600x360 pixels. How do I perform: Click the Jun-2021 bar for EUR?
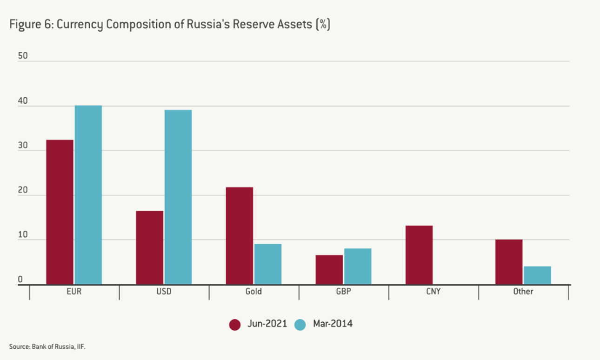tap(60, 212)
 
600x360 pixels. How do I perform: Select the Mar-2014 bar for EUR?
tap(88, 195)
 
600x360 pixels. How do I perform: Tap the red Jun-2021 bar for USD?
tap(149, 247)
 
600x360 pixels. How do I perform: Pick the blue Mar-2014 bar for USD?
tap(178, 197)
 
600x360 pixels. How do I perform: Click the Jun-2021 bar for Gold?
tap(240, 236)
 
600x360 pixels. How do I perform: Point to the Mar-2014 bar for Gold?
tap(268, 264)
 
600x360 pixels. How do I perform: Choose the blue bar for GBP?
tap(358, 267)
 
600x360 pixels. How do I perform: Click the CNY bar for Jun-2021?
tap(419, 255)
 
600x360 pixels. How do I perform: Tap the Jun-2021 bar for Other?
tap(509, 262)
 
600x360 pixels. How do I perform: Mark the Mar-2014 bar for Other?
tap(537, 275)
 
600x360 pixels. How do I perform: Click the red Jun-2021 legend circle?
tap(235, 325)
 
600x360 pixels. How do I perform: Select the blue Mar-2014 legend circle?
tap(300, 325)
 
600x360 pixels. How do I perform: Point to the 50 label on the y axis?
tap(23, 56)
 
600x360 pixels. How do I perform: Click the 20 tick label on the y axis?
tap(23, 191)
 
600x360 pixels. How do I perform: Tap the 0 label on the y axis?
tap(20, 280)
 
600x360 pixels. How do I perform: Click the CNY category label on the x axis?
tap(433, 292)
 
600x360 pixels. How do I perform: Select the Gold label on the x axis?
tap(253, 292)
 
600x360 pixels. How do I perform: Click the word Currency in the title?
tap(80, 25)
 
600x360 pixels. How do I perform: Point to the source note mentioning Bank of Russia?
tap(47, 347)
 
